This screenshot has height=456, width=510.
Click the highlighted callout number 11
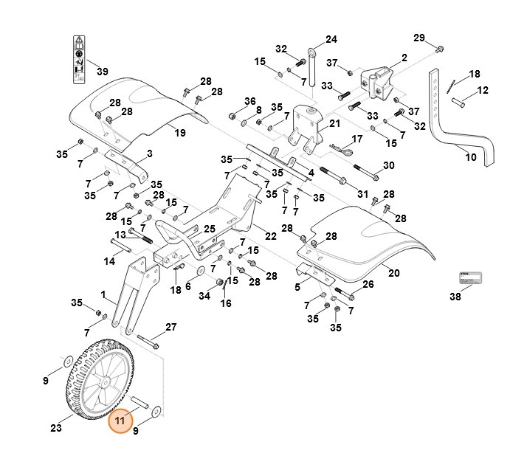(x=120, y=422)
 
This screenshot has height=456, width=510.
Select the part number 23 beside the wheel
(x=56, y=426)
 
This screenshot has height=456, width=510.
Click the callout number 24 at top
(x=330, y=39)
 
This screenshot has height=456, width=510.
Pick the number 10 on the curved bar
(x=470, y=157)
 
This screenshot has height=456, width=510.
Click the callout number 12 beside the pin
(x=483, y=91)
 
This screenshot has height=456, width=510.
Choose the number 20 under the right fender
(x=393, y=273)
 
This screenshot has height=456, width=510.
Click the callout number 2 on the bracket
(x=404, y=58)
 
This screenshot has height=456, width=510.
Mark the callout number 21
(x=334, y=123)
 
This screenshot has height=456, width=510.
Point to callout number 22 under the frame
(x=271, y=235)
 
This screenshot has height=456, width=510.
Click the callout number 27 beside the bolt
(x=170, y=327)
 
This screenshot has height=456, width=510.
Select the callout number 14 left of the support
(x=108, y=261)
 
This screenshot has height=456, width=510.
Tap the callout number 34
(x=204, y=296)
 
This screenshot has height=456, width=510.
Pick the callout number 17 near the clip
(x=357, y=139)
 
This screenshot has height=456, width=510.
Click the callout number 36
(x=249, y=101)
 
